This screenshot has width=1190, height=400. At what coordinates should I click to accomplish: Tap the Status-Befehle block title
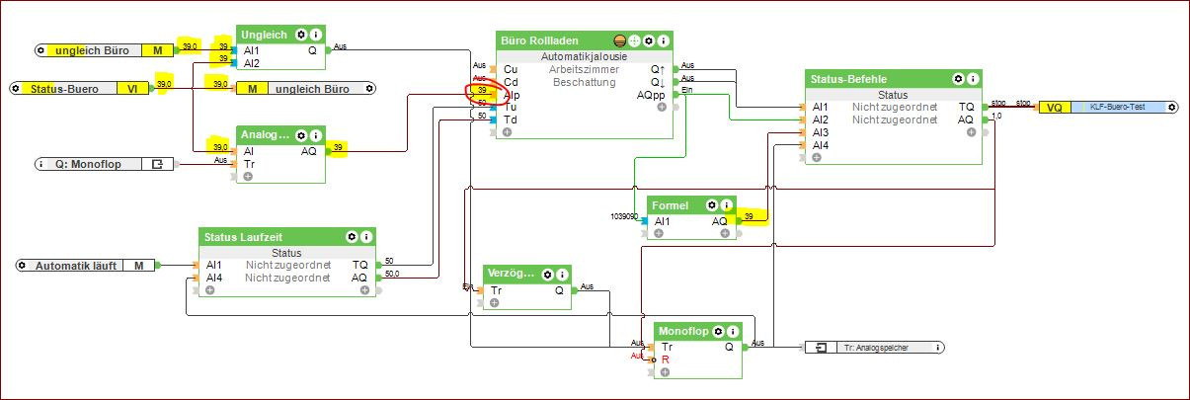[847, 78]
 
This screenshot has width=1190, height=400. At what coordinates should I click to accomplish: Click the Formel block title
[671, 205]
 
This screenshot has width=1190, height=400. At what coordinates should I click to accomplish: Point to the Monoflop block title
[683, 331]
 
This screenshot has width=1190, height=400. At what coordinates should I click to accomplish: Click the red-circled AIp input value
[482, 90]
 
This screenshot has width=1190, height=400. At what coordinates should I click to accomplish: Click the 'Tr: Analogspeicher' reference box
[875, 348]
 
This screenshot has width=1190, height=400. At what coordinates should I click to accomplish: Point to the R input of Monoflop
[666, 360]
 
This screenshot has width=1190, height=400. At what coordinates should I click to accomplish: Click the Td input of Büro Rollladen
[510, 120]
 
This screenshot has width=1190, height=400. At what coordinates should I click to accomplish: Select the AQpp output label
[651, 95]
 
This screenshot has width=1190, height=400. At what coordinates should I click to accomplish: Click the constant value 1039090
[625, 215]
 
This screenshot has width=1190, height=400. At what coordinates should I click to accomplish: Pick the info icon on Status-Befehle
[972, 78]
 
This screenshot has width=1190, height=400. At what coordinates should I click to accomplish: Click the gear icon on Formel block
[711, 205]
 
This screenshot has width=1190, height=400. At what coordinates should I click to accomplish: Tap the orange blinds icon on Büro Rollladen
[620, 40]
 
